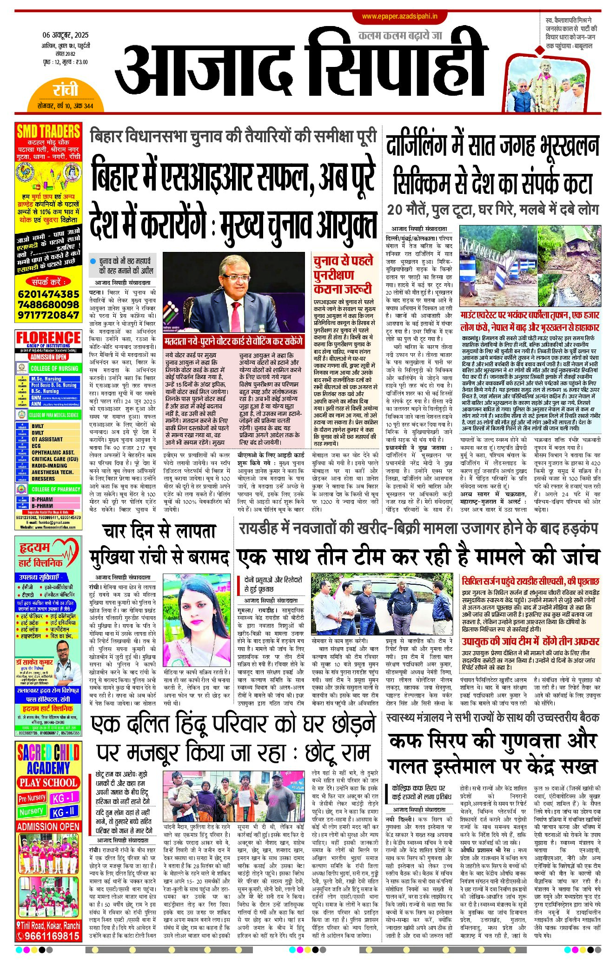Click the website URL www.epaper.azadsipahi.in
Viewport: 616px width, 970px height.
[x=399, y=17]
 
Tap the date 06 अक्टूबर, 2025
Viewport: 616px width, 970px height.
[x=66, y=35]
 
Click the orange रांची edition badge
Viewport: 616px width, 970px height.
[x=66, y=90]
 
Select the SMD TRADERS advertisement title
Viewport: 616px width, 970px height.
[x=48, y=132]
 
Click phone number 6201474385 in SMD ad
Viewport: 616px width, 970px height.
[x=48, y=294]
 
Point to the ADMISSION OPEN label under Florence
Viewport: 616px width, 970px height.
[x=48, y=357]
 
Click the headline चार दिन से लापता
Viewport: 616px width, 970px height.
[x=159, y=532]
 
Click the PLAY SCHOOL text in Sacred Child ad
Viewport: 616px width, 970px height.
[x=48, y=782]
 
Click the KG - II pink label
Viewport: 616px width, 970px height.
[x=64, y=812]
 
